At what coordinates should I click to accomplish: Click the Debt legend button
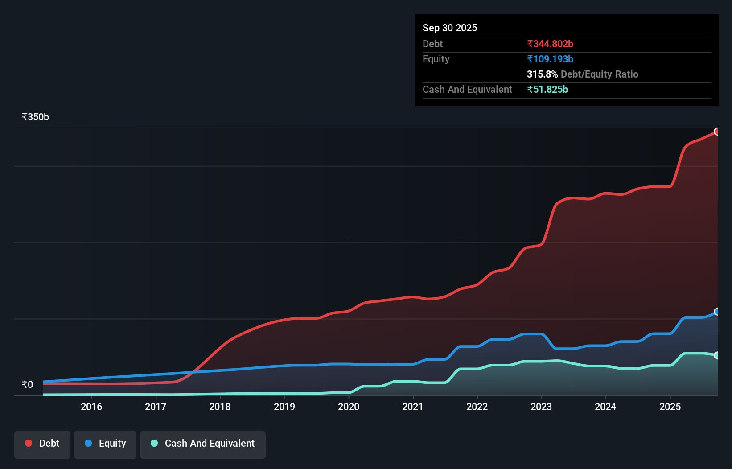point(42,444)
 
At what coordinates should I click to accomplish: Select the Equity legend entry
point(105,444)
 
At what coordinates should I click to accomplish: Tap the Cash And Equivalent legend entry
point(203,444)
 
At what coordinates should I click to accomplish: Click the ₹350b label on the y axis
point(35,117)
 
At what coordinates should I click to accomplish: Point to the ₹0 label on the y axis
point(27,385)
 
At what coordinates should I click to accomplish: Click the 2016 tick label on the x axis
point(91,407)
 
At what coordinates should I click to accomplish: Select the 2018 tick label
point(220,407)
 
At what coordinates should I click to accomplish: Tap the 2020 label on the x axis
point(349,407)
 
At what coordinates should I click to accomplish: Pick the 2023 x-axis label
point(541,407)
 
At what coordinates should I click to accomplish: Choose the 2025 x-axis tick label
point(670,407)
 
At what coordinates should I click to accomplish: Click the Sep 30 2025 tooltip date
point(450,28)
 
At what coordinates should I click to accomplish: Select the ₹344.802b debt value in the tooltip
point(550,44)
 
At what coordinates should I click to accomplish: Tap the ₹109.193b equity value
point(550,59)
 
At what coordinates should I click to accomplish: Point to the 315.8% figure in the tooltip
point(542,74)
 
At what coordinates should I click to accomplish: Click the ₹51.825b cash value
point(547,90)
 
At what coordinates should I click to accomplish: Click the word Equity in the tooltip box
point(436,59)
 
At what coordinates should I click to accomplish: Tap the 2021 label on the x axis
point(413,407)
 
